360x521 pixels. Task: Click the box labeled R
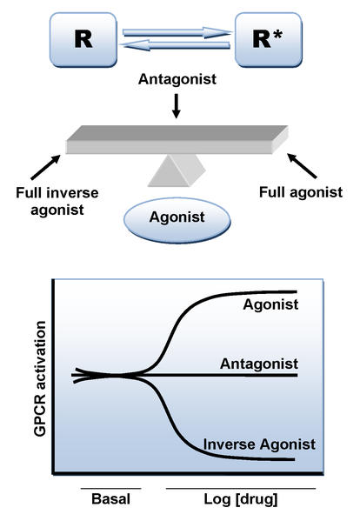point(83,40)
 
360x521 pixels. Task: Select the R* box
point(269,40)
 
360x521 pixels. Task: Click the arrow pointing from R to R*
point(177,32)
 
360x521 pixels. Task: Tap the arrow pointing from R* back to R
point(176,45)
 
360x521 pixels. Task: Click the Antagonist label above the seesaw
point(177,79)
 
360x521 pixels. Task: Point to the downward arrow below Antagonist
point(177,106)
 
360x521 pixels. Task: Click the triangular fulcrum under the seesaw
point(177,170)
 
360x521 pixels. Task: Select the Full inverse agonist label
point(57,202)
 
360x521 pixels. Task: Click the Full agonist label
point(301,192)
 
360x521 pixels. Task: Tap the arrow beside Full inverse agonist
point(46,167)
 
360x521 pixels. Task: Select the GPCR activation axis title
point(40,378)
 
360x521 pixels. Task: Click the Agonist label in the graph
point(270,304)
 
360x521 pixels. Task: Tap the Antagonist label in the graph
point(259,364)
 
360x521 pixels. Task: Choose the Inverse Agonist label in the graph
point(259,444)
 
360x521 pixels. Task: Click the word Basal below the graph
point(110,498)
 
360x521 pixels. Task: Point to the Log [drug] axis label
point(241,499)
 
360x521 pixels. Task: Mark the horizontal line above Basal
point(111,489)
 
